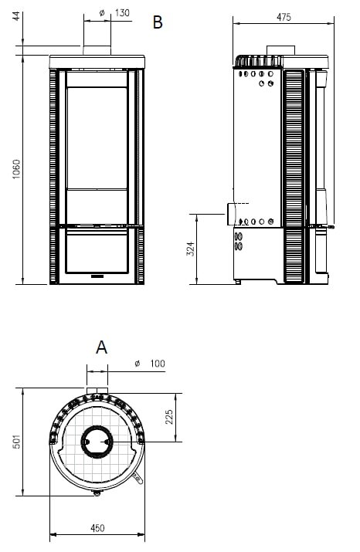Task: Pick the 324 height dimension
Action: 190,249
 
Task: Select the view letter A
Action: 101,347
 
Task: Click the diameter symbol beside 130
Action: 101,13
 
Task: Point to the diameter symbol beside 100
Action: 136,363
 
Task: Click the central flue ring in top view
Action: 97,442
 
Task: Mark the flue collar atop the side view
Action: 274,52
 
